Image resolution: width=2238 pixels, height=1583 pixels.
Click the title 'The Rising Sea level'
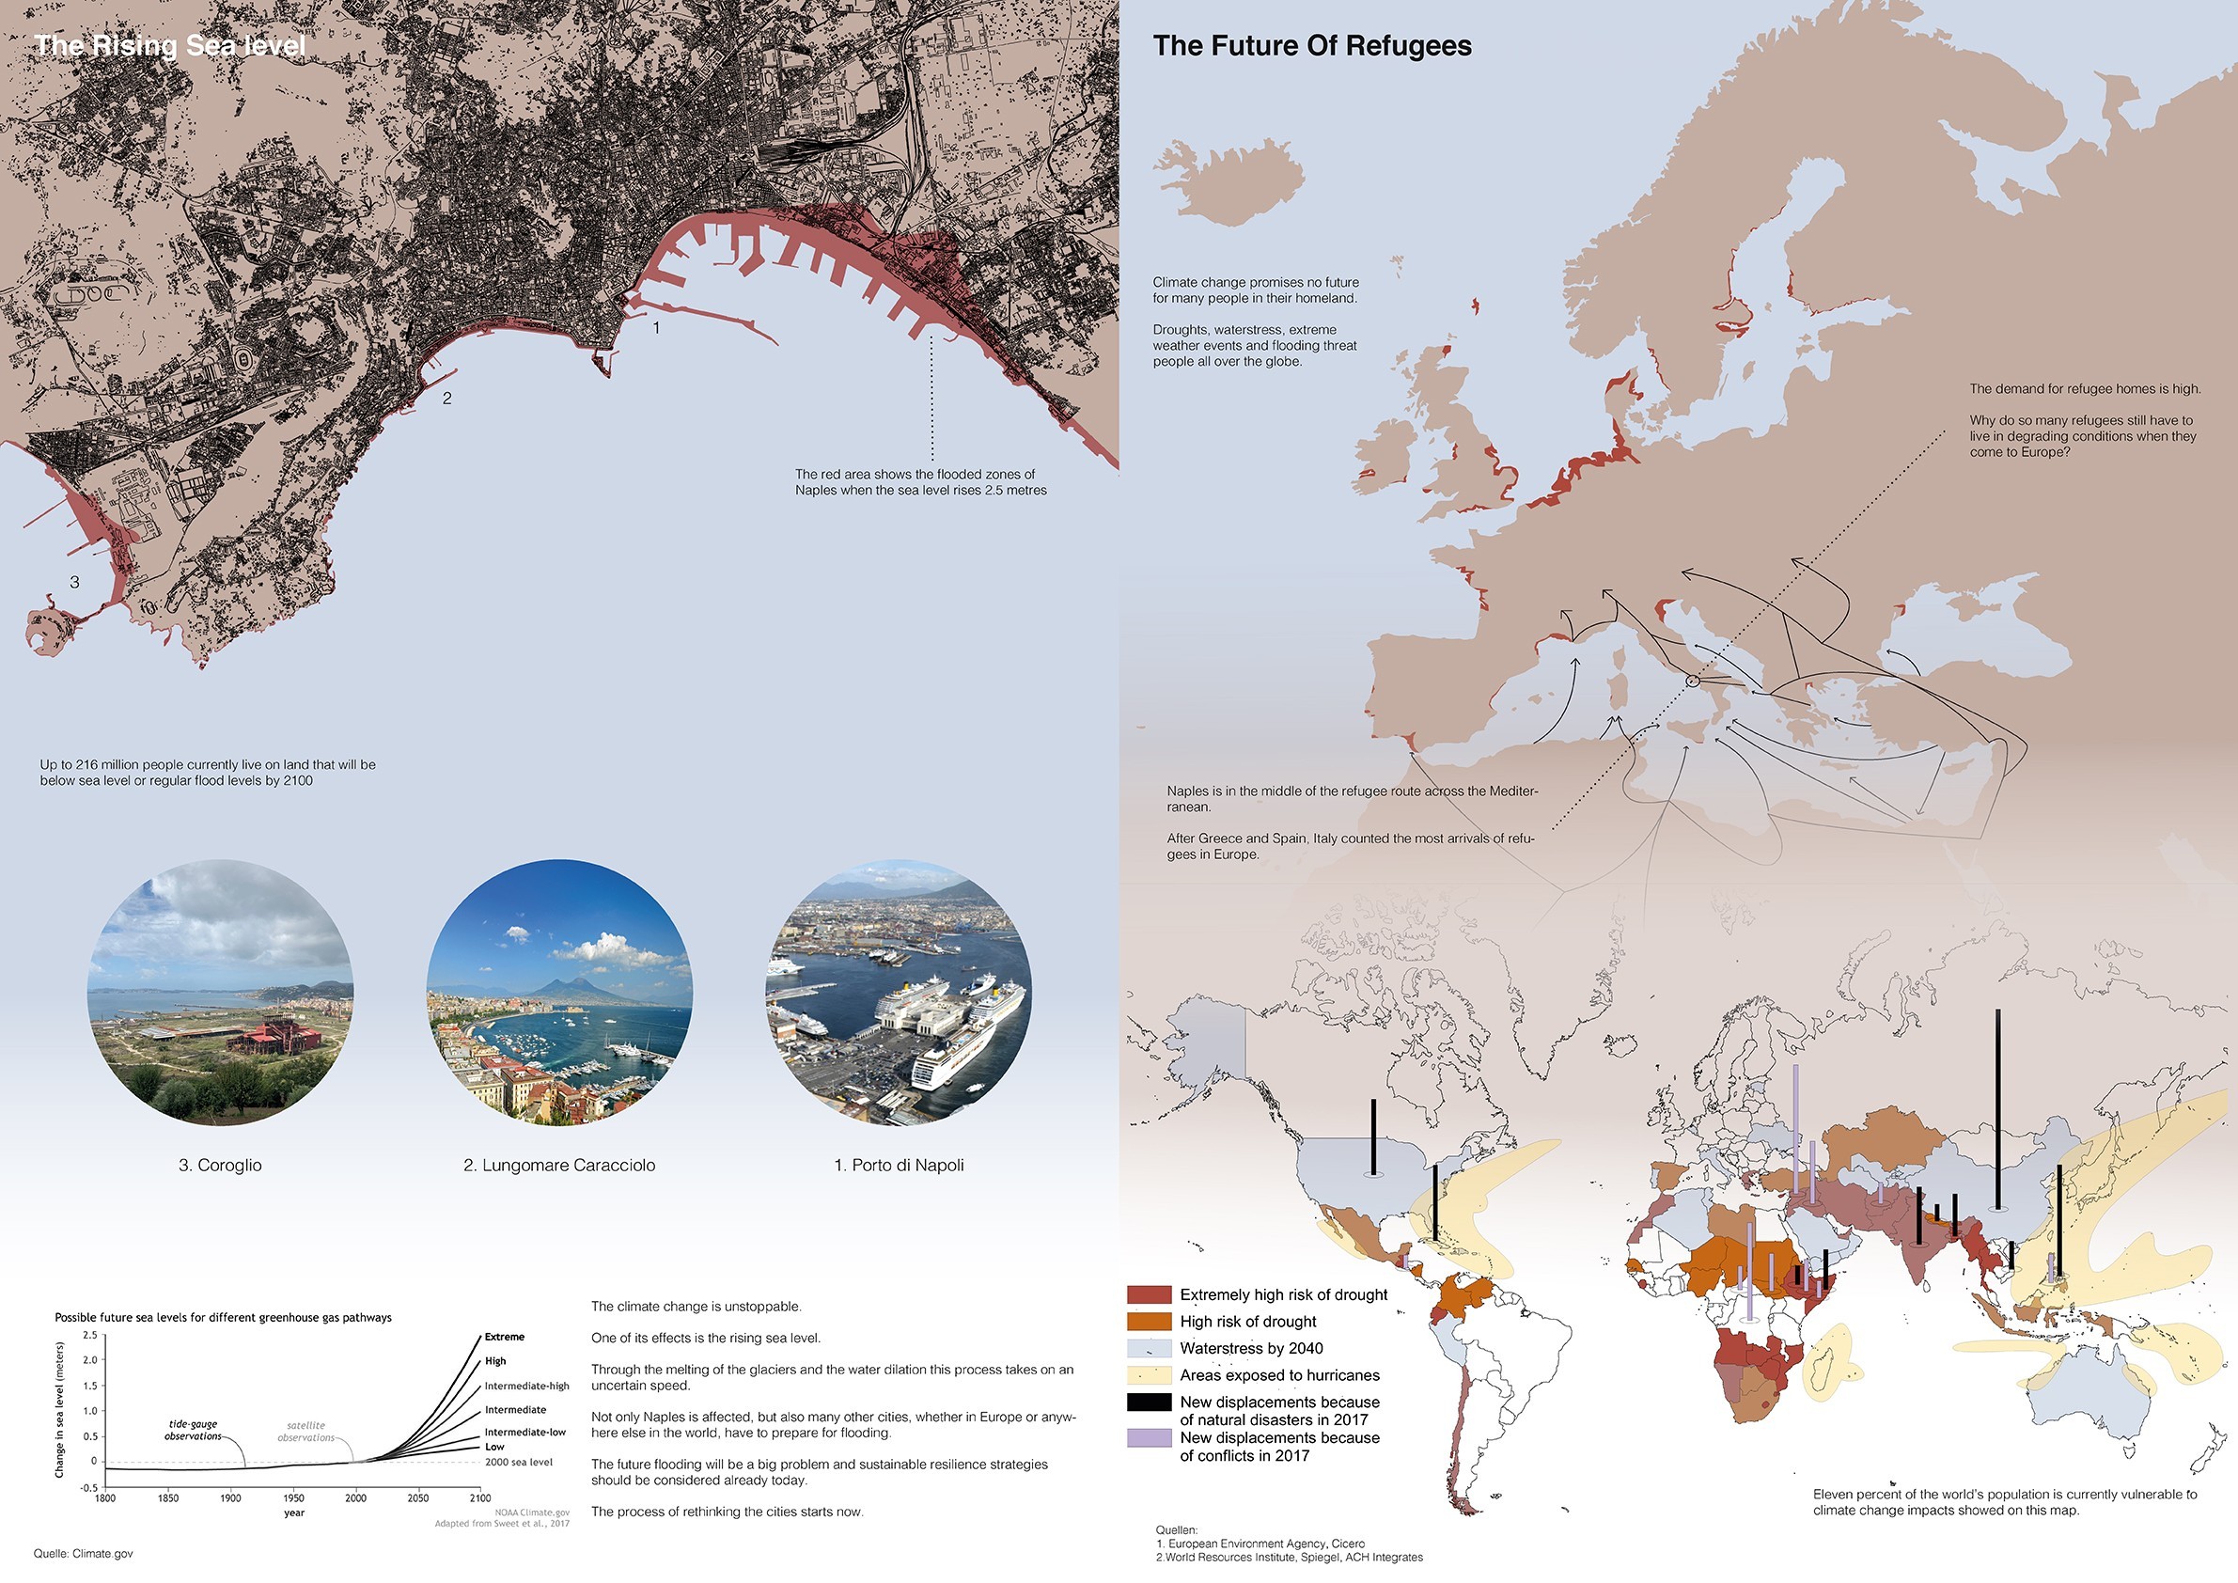coord(169,46)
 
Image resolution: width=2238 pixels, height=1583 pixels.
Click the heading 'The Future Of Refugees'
coord(1312,46)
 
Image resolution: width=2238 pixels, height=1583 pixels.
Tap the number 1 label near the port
coord(656,328)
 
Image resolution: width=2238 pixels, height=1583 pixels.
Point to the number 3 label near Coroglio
coord(74,582)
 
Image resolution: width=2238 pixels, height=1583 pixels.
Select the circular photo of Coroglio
coord(220,992)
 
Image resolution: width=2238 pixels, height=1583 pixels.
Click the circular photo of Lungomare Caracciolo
coord(559,992)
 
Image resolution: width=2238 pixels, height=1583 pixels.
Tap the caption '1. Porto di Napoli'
coord(899,1165)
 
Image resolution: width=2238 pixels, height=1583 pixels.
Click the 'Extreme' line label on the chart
coord(504,1337)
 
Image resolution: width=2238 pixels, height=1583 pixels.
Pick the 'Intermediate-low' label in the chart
coord(524,1432)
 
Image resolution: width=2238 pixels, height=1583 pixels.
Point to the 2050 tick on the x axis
coord(417,1498)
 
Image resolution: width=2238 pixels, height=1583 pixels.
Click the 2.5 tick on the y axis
coord(89,1335)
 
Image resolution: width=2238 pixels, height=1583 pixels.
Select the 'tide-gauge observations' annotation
coord(193,1430)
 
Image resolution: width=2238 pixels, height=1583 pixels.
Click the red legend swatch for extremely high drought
coord(1149,1294)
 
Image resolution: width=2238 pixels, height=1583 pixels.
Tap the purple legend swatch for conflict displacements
coord(1149,1437)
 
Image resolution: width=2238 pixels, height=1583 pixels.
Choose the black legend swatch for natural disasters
coord(1149,1402)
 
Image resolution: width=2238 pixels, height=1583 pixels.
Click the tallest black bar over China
coord(1998,1111)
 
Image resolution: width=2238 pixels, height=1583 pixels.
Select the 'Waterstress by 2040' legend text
coord(1252,1348)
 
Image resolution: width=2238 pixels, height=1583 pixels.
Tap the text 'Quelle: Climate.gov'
coord(83,1554)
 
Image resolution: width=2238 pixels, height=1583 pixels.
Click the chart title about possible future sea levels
coord(223,1317)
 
